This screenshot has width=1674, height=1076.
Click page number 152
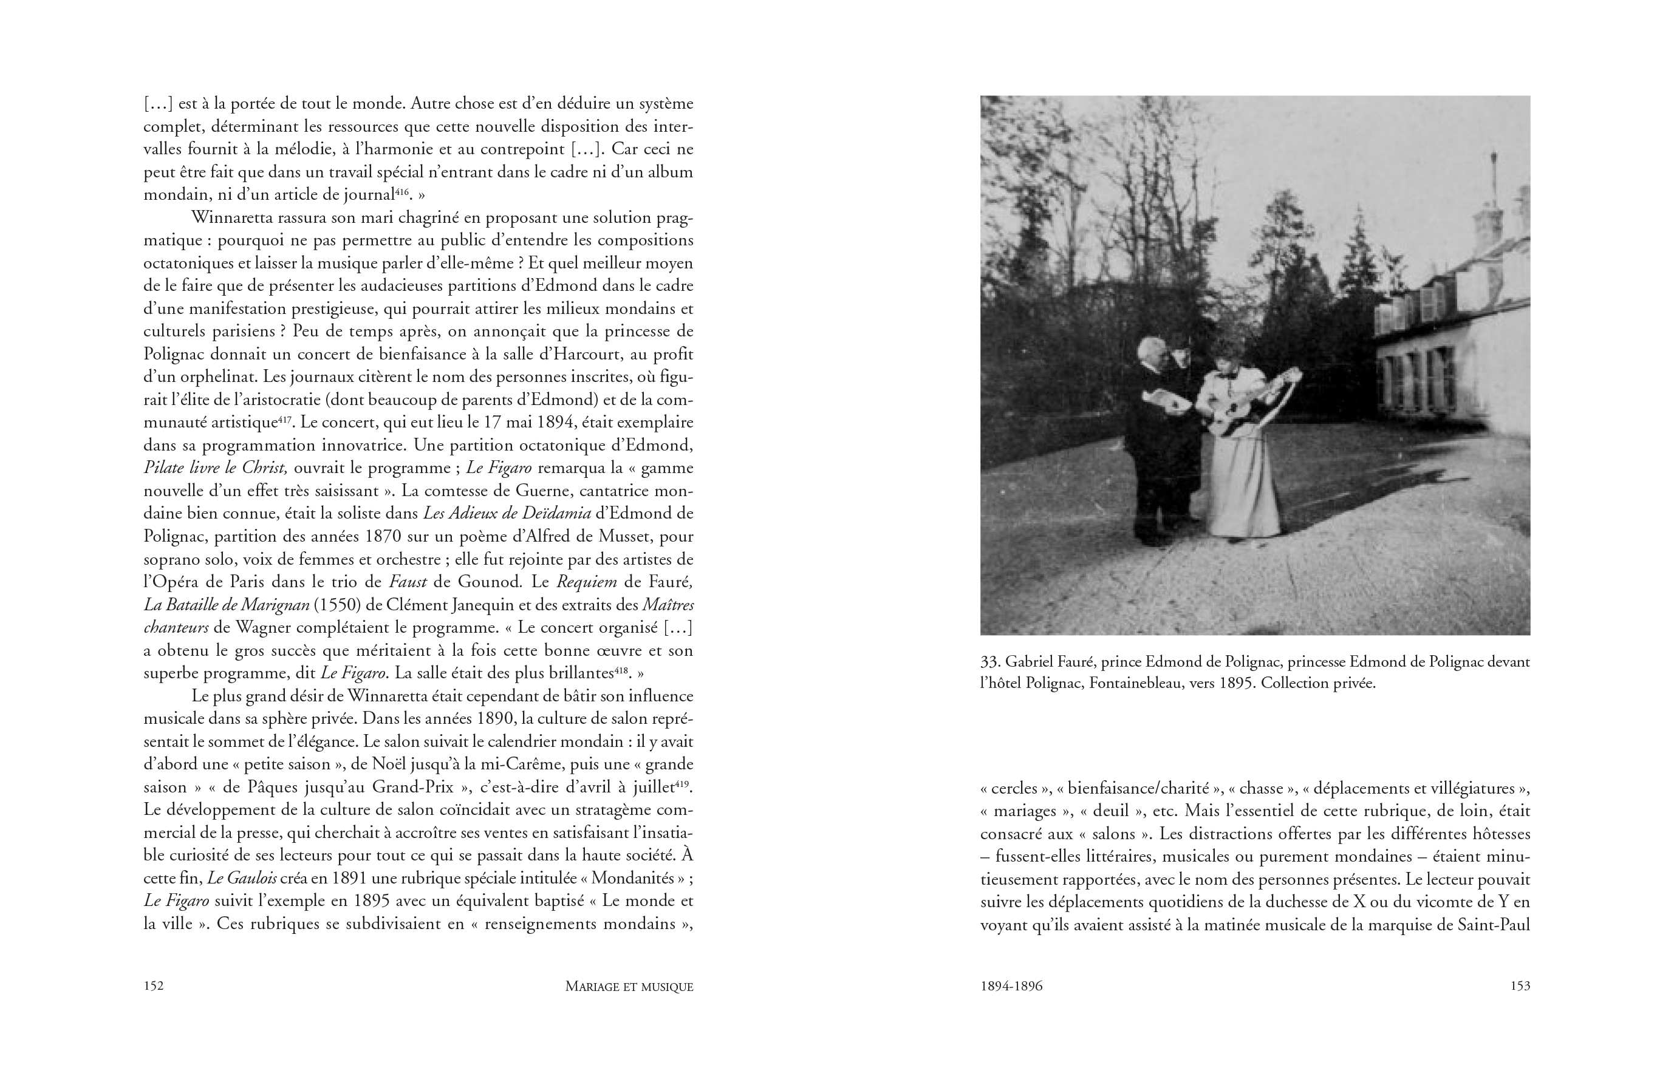153,986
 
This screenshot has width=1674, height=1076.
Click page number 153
1520,986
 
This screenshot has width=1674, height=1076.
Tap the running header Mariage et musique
629,987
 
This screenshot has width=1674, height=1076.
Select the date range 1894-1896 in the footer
1011,986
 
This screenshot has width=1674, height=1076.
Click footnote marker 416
401,191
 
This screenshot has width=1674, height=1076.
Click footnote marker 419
683,784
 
